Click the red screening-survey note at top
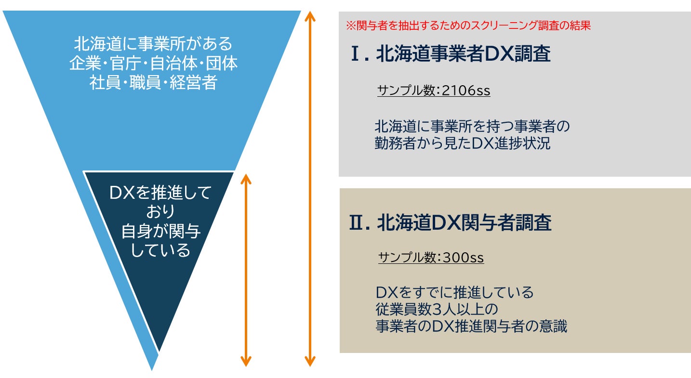click(x=468, y=26)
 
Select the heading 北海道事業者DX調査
click(x=463, y=54)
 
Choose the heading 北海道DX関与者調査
click(x=464, y=223)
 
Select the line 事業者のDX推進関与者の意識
click(x=471, y=326)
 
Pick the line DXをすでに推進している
click(x=455, y=292)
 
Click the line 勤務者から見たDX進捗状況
click(x=463, y=143)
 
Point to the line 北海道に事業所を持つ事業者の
click(x=472, y=127)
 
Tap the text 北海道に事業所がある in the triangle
click(x=153, y=44)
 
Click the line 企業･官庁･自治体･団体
click(x=153, y=64)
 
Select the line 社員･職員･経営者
click(x=153, y=82)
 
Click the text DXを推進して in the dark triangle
click(x=160, y=193)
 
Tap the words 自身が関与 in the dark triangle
click(x=160, y=231)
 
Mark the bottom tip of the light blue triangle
click(x=152, y=368)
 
